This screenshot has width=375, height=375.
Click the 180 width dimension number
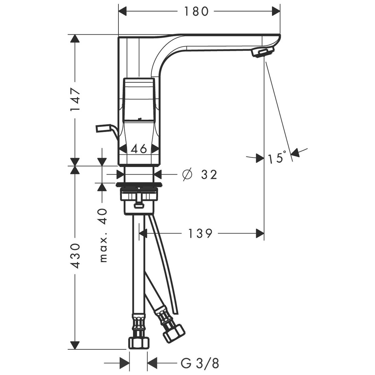pyautogui.click(x=196, y=11)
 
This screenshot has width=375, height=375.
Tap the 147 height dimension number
pyautogui.click(x=75, y=99)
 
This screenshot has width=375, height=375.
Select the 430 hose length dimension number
pyautogui.click(x=75, y=256)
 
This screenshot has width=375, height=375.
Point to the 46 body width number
pyautogui.click(x=139, y=149)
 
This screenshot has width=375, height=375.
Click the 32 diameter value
pyautogui.click(x=209, y=175)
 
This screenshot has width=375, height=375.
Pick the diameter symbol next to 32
pyautogui.click(x=187, y=174)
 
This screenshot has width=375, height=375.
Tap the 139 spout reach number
pyautogui.click(x=200, y=233)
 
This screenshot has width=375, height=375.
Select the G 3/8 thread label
pyautogui.click(x=200, y=363)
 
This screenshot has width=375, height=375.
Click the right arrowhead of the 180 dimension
pyautogui.click(x=276, y=11)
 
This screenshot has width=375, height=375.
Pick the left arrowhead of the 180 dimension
pyautogui.click(x=122, y=11)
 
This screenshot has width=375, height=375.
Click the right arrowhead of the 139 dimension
pyautogui.click(x=260, y=233)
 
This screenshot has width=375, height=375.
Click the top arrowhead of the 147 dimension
pyautogui.click(x=75, y=38)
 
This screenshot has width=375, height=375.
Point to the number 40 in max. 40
pyautogui.click(x=103, y=216)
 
